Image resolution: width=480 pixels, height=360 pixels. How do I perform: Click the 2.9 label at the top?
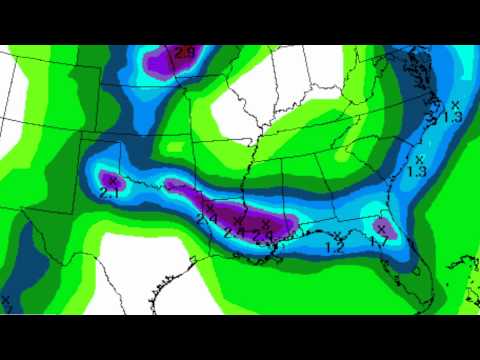click(x=184, y=52)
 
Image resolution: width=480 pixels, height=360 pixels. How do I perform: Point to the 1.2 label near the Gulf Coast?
click(x=336, y=247)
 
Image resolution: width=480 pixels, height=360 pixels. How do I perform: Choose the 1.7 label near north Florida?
click(x=378, y=241)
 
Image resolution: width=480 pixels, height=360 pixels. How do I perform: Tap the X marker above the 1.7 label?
click(x=381, y=229)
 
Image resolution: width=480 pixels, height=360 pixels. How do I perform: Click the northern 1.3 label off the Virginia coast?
click(x=451, y=117)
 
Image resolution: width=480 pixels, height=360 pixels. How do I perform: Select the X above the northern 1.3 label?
click(x=455, y=104)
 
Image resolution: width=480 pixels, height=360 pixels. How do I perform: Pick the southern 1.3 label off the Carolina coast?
click(x=417, y=171)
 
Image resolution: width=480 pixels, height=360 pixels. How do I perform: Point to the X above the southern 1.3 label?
click(x=420, y=158)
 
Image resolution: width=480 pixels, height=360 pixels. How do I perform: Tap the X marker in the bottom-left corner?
click(x=6, y=298)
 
